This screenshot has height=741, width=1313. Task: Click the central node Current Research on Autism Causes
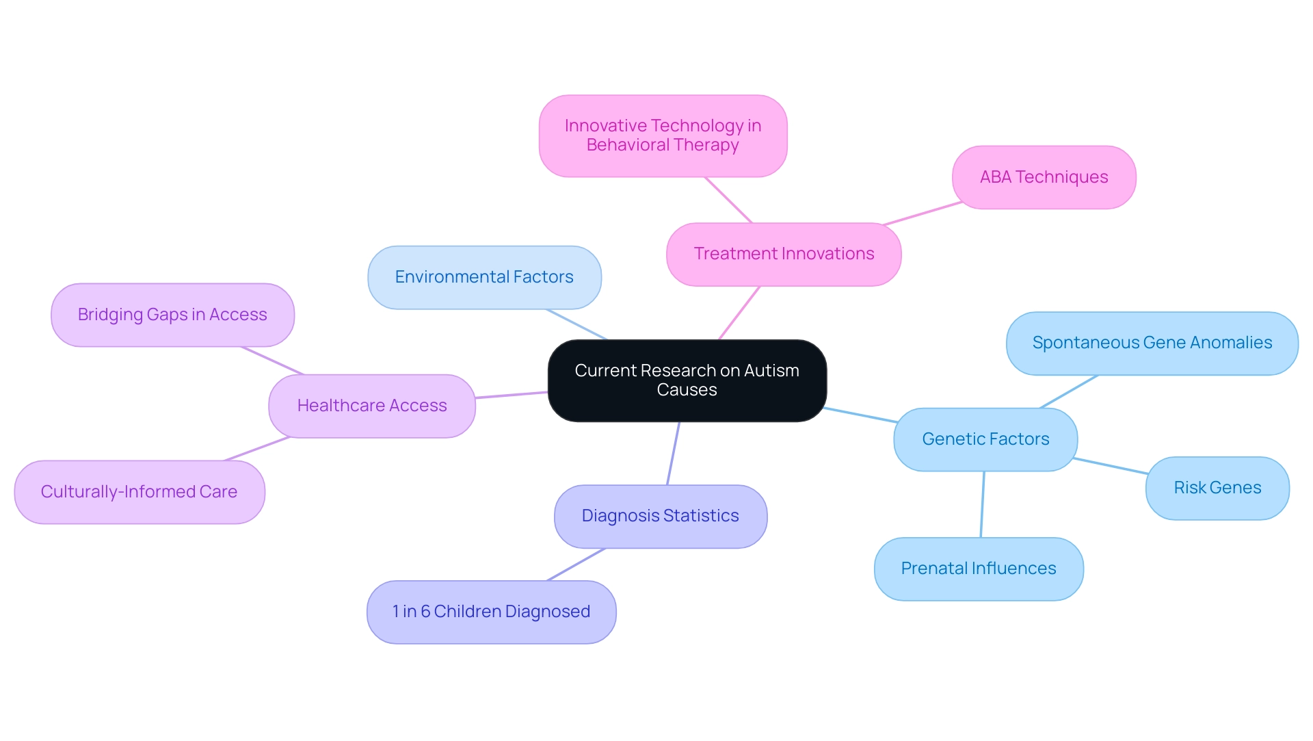[x=687, y=380]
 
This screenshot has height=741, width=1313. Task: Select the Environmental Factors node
[x=484, y=277]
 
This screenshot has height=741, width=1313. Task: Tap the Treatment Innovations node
[x=784, y=254]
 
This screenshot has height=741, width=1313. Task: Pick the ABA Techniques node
[x=1044, y=177]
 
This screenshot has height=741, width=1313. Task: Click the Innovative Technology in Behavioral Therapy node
[x=663, y=135]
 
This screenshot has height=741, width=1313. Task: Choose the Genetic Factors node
[x=985, y=439]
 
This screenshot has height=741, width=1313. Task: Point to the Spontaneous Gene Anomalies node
[x=1152, y=343]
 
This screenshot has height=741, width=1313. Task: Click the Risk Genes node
[x=1217, y=488]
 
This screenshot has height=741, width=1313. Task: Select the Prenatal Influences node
[x=979, y=569]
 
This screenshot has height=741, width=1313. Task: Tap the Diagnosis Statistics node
[x=660, y=516]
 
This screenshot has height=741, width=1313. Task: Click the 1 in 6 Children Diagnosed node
[x=491, y=612]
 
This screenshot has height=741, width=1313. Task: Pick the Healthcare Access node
[x=371, y=406]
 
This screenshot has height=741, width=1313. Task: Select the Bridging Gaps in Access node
[x=172, y=315]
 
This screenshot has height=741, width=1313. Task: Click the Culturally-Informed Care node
[x=139, y=492]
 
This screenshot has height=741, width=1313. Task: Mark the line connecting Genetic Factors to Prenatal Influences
[x=983, y=504]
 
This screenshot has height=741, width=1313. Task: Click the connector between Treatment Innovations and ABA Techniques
[x=923, y=213]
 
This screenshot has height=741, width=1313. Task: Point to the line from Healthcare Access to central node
[x=512, y=395]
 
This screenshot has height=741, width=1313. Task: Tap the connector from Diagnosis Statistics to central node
[x=674, y=453]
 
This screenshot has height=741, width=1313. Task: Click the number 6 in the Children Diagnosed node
[x=425, y=612]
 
